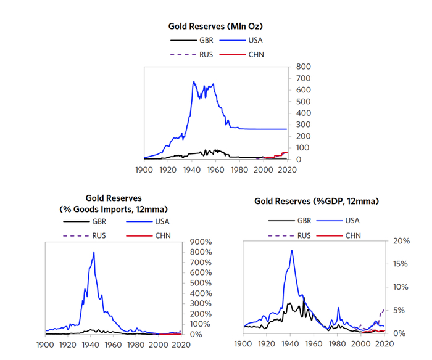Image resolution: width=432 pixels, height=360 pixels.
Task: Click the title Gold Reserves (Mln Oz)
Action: click(216, 26)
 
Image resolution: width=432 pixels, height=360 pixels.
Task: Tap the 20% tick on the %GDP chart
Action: click(402, 241)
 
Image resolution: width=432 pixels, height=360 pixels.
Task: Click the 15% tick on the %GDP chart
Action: click(402, 264)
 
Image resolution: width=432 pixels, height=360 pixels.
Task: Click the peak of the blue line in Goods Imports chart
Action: click(94, 252)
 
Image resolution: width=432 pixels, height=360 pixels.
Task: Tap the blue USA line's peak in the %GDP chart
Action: click(291, 250)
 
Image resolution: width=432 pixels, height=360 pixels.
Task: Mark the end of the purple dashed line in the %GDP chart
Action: click(383, 309)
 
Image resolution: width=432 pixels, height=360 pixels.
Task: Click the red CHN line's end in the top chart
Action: click(288, 152)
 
